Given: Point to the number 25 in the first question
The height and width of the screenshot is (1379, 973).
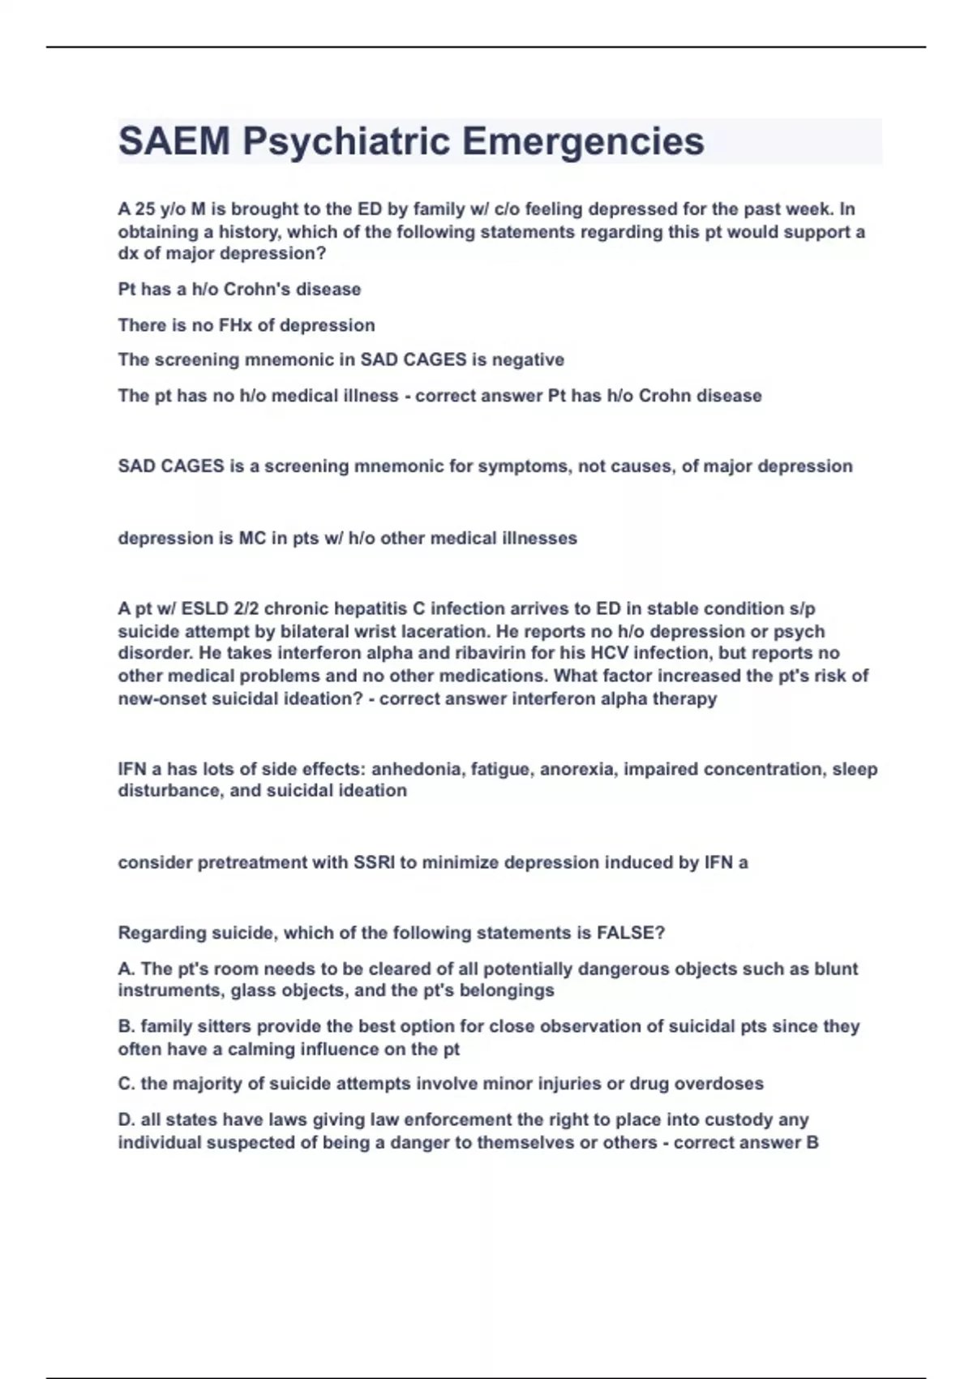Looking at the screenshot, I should pos(146,209).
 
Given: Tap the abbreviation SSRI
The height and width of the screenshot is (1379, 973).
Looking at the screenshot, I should pos(375,863).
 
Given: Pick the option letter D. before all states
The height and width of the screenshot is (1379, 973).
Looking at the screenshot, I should pos(126,1120).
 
